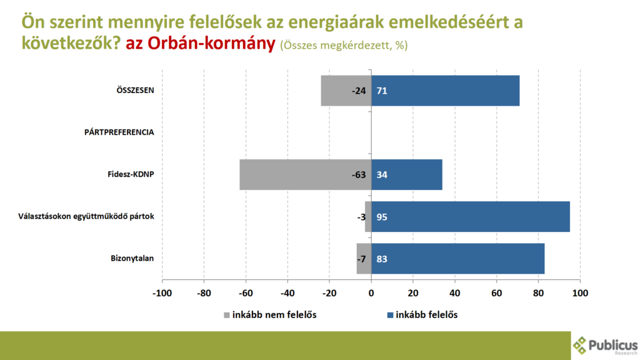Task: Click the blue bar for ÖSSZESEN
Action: coord(445,91)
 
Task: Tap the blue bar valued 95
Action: coord(470,216)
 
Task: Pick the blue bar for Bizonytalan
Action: coord(457,258)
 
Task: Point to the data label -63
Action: coord(358,174)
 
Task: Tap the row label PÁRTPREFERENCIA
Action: coord(119,132)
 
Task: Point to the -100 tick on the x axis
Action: coord(162,292)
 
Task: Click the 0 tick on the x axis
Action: coord(371,292)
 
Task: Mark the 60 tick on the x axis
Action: coord(497,292)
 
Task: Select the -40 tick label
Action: coord(287,292)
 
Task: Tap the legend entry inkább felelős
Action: coord(426,314)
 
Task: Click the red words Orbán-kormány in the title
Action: coord(200,44)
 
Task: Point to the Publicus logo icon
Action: coord(580,345)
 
